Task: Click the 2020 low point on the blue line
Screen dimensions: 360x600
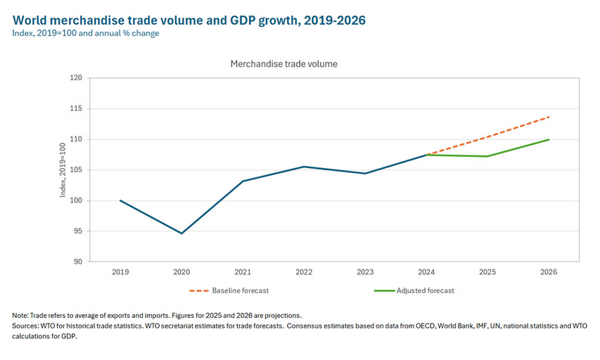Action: [x=181, y=233]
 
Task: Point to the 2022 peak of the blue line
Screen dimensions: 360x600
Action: [x=304, y=167]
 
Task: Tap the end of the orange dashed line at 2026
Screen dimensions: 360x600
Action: [x=549, y=117]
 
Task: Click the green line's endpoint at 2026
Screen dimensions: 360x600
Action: [x=549, y=139]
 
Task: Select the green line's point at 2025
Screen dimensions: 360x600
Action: [x=487, y=156]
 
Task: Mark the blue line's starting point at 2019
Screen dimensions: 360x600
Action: [x=120, y=200]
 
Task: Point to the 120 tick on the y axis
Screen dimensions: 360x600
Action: [x=76, y=78]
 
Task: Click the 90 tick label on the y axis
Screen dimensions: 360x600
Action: [x=78, y=262]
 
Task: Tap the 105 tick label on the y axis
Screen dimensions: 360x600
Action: [x=76, y=170]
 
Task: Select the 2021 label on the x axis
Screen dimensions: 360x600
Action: [x=243, y=271]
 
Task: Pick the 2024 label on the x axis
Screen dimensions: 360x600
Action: [x=426, y=271]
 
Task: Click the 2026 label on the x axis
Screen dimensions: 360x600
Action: [x=549, y=271]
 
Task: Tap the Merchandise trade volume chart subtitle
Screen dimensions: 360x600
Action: [x=283, y=64]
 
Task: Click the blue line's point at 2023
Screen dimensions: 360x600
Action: [x=365, y=173]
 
